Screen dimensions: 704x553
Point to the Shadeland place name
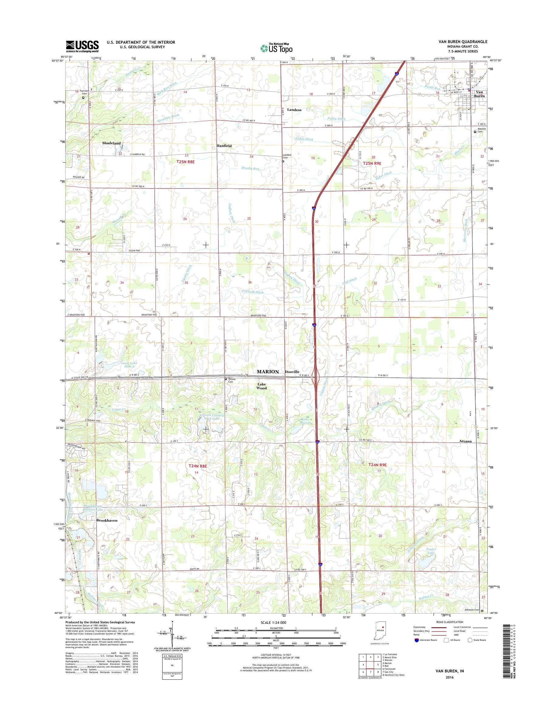[112, 143]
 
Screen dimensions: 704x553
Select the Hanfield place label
[224, 146]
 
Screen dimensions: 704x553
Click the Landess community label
[294, 110]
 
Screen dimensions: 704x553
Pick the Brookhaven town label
[107, 521]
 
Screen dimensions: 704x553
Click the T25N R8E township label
[186, 161]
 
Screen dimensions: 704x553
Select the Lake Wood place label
[261, 386]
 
